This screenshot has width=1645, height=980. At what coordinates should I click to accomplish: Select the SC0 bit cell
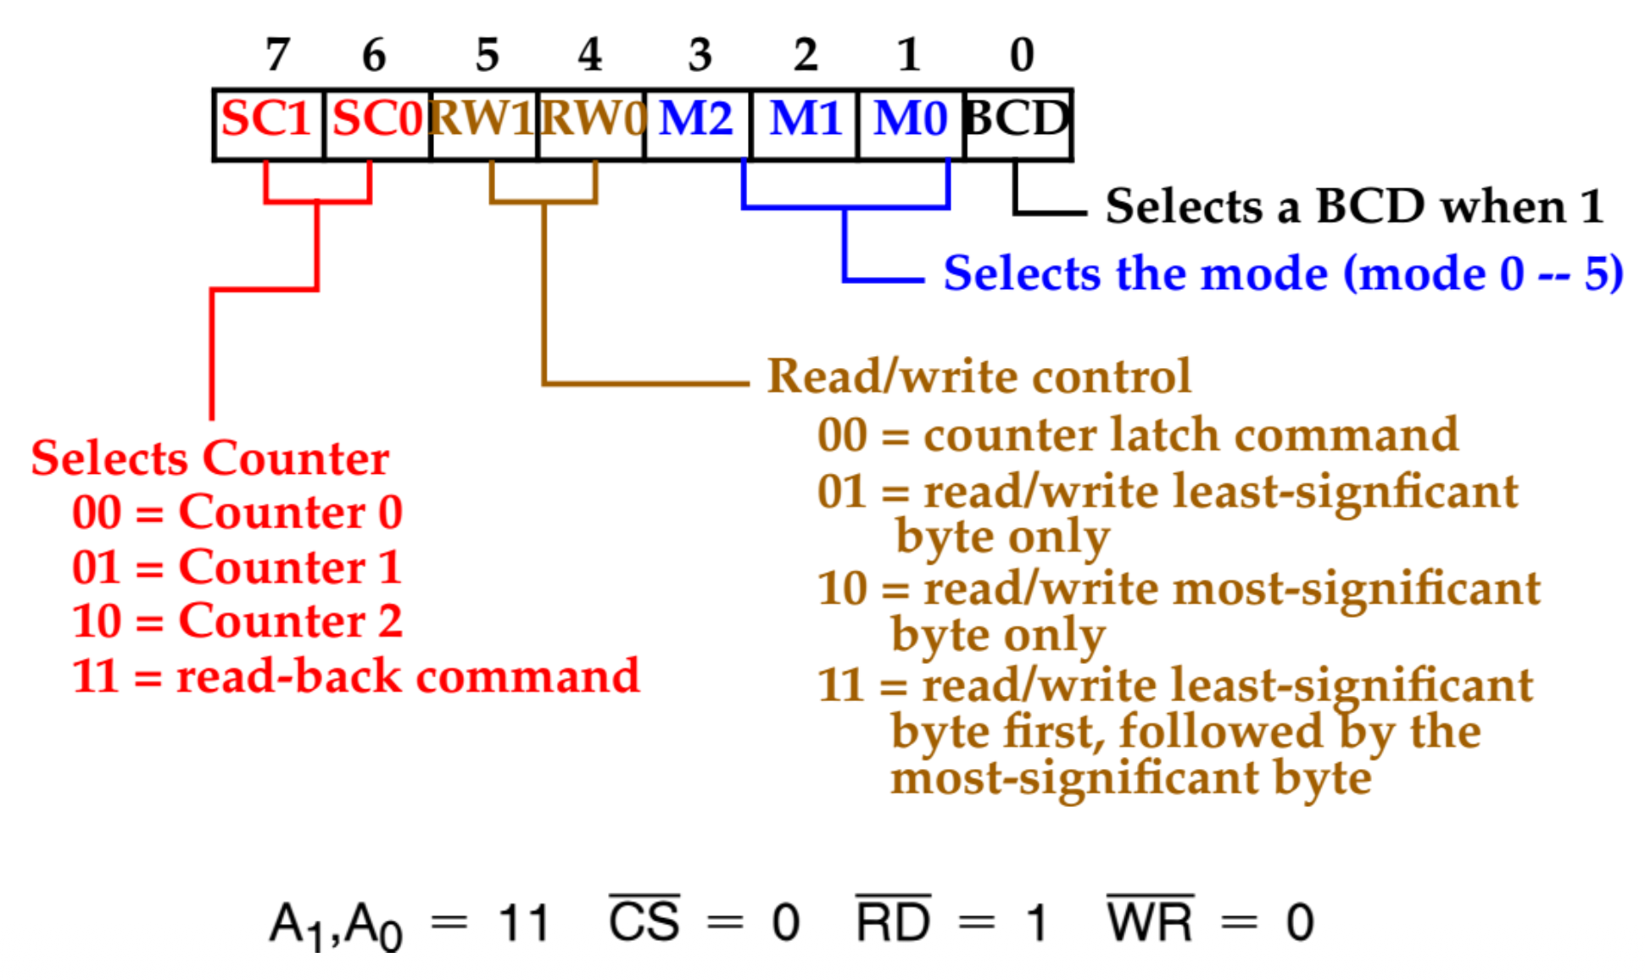tap(377, 123)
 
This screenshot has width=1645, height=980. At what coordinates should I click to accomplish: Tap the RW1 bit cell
tap(484, 123)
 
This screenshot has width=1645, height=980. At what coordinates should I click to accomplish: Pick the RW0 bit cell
tap(591, 123)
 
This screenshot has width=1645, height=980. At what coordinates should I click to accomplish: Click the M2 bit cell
tap(697, 123)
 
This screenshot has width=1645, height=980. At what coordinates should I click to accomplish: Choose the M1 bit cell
tap(805, 123)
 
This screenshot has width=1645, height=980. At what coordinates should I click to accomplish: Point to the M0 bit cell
tap(912, 123)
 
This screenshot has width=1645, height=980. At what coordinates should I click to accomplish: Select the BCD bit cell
tap(1018, 123)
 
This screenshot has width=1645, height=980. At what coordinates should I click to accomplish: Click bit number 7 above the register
tap(277, 55)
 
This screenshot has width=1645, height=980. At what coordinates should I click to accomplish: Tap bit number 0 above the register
tap(1022, 55)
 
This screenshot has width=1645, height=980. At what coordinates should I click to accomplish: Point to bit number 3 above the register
tap(700, 55)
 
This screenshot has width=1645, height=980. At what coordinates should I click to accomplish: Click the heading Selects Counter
tap(210, 459)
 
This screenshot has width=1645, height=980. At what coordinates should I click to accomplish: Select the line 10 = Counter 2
tap(237, 621)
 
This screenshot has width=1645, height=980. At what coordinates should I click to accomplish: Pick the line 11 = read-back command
tap(355, 677)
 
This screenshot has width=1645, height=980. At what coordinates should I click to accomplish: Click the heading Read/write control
tap(979, 376)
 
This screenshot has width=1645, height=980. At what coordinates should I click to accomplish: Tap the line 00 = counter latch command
tap(1137, 436)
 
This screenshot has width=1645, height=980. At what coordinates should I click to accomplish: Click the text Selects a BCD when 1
tap(1354, 206)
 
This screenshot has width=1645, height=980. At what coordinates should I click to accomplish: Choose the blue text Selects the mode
tap(1283, 274)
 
